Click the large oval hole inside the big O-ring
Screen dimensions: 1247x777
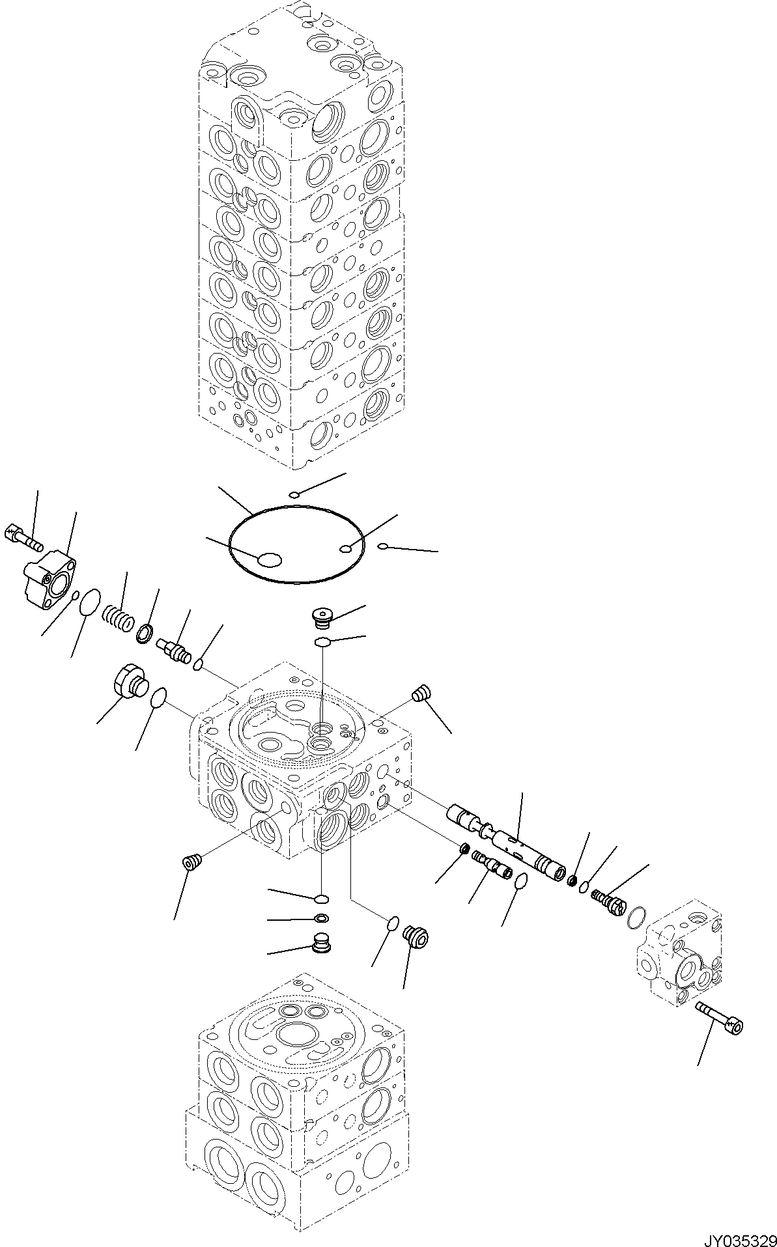coord(269,559)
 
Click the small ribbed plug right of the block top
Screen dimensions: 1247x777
coord(421,693)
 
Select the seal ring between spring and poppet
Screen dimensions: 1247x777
coord(145,633)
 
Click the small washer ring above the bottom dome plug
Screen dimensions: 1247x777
coord(321,918)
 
